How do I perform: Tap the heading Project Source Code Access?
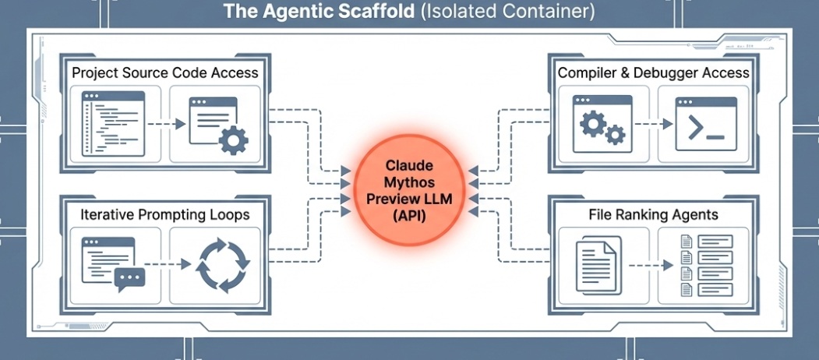(x=164, y=72)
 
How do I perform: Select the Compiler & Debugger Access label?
(x=653, y=72)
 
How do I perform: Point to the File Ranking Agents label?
(x=653, y=214)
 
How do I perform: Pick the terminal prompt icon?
(x=706, y=124)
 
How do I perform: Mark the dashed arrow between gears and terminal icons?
(x=653, y=124)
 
